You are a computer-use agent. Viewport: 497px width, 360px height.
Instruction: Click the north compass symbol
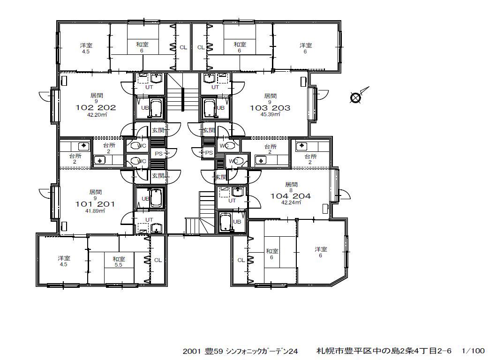point(356,97)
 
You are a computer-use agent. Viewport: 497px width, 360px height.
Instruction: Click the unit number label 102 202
point(96,108)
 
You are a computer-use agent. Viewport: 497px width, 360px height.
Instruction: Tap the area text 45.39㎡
point(271,114)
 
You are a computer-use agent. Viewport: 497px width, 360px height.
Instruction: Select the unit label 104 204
point(290,196)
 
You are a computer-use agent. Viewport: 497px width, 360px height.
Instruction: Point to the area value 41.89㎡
point(95,210)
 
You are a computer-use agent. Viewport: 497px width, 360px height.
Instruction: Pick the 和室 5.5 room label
point(119,262)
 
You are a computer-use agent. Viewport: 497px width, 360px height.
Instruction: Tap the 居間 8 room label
point(291,187)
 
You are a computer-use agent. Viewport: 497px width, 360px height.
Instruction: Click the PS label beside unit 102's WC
point(158,154)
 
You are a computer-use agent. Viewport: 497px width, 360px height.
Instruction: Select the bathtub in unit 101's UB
point(156,198)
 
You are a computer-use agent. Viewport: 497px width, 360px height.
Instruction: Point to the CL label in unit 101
point(158,260)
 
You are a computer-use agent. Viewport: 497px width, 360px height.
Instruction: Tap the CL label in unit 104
point(241,260)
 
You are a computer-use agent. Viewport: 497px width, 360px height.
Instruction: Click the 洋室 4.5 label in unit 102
point(86,48)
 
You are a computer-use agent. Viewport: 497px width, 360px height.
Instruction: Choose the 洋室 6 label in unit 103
point(306,48)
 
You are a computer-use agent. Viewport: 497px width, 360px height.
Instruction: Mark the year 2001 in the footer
point(192,351)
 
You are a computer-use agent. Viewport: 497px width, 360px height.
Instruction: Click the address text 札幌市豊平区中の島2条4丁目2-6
point(384,351)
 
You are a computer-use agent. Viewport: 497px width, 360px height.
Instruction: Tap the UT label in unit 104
point(232,201)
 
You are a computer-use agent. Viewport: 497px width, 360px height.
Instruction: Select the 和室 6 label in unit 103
point(240,47)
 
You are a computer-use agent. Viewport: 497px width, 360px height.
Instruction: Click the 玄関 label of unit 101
point(158,176)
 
